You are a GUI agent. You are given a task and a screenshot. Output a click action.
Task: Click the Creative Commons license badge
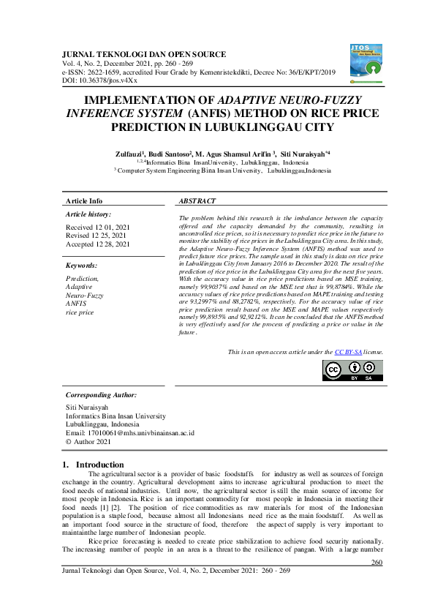(352, 370)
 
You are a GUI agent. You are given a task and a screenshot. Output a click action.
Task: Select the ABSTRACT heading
(197, 200)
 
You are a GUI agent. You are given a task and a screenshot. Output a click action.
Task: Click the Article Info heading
(84, 200)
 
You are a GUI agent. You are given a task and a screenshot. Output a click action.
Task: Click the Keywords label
(81, 266)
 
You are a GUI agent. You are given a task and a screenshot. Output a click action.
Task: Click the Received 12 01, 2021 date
(97, 228)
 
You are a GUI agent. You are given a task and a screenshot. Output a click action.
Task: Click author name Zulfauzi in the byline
(129, 154)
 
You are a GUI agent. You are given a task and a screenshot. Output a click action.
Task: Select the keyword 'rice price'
(80, 312)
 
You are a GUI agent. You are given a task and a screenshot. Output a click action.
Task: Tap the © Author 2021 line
(88, 441)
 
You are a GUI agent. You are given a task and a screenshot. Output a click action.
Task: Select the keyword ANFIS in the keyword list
(76, 303)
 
